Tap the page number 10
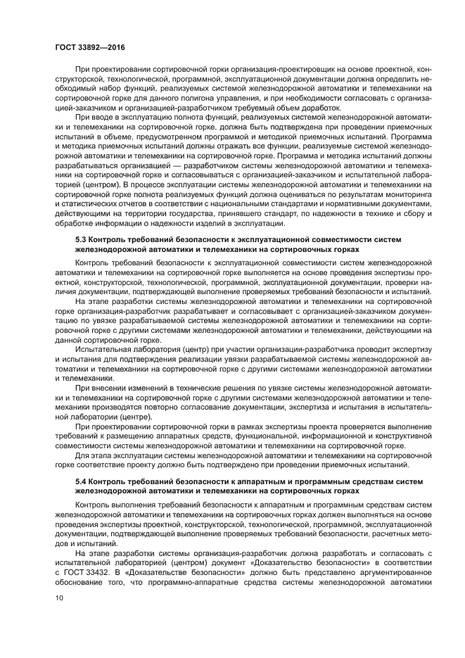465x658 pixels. (59, 598)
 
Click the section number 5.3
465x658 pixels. (81, 240)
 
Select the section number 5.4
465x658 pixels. (81, 480)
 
